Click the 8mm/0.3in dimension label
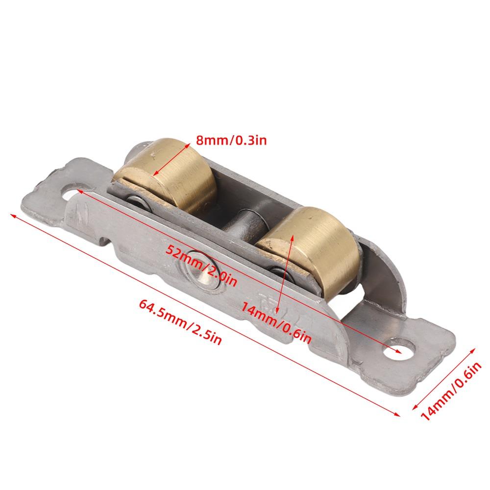(x=231, y=140)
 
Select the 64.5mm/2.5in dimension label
(x=180, y=322)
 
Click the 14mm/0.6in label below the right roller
(x=276, y=323)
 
